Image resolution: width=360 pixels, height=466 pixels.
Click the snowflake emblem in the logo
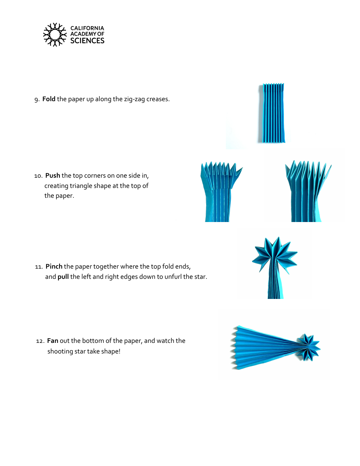click(x=55, y=34)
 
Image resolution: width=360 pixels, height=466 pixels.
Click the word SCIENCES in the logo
click(x=87, y=41)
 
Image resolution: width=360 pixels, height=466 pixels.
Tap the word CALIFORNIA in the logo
click(x=87, y=28)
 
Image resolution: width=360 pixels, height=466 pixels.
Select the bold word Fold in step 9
click(x=49, y=99)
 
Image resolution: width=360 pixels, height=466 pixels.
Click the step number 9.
click(x=36, y=100)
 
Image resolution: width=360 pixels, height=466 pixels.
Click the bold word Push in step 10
click(x=53, y=175)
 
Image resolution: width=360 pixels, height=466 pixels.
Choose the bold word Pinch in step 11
click(x=54, y=266)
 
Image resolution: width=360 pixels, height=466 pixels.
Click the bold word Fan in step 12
click(x=53, y=341)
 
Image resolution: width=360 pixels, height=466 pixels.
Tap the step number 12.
click(x=40, y=341)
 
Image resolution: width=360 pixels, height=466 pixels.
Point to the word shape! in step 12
click(x=111, y=351)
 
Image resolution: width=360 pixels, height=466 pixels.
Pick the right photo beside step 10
click(x=307, y=191)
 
